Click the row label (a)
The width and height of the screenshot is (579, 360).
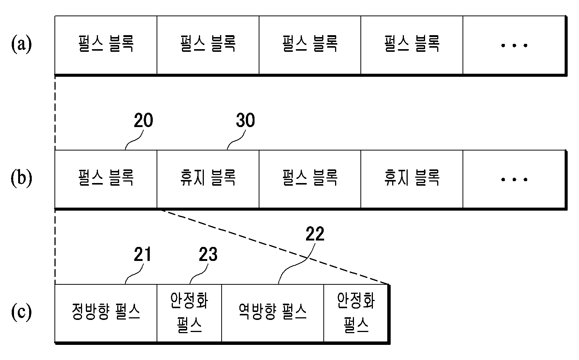tap(22, 45)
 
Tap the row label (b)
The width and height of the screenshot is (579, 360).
tap(22, 178)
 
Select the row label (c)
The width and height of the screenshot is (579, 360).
tap(22, 312)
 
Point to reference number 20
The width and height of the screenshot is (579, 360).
tap(143, 120)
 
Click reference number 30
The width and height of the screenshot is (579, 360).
tap(245, 120)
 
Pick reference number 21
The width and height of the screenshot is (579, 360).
tap(143, 254)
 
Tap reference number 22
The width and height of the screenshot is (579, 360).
tap(315, 234)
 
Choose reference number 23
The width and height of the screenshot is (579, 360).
tap(208, 254)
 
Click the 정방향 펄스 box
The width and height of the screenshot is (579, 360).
tap(106, 313)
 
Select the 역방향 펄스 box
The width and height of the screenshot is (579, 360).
tap(273, 313)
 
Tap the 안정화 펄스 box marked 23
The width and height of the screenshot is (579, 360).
tap(189, 313)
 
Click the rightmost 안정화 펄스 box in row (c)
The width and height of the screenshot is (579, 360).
tap(356, 313)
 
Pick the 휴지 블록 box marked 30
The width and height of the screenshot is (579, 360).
tap(208, 179)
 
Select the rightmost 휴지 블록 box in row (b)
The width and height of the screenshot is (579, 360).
tap(412, 179)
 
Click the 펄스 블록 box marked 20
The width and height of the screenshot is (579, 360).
tap(106, 179)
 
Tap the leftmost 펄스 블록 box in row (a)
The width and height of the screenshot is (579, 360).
tap(106, 45)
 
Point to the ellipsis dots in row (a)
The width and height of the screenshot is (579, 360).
tap(514, 45)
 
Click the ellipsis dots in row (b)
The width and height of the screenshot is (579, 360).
tap(514, 179)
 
